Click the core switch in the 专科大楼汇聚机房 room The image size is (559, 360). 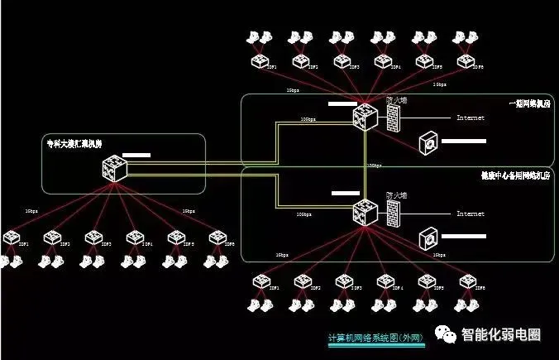(113, 170)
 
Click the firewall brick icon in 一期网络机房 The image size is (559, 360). (388, 118)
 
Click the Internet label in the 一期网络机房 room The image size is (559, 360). (471, 118)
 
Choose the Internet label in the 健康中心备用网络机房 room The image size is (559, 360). (471, 214)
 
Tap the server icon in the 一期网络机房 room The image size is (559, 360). (428, 142)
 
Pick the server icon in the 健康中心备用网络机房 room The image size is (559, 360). (428, 238)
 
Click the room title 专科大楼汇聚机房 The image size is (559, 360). (74, 144)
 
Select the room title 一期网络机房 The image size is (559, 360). (526, 103)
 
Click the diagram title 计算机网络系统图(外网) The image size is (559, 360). (375, 338)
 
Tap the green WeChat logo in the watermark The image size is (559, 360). (446, 334)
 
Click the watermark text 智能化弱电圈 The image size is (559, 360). (501, 335)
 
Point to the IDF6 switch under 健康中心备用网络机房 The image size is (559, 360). (466, 282)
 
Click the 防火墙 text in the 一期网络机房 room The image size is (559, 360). (396, 100)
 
